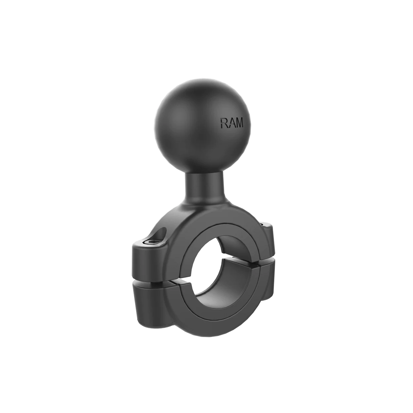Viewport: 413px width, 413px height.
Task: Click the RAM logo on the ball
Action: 232,123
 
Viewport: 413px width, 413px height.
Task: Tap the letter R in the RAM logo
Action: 224,123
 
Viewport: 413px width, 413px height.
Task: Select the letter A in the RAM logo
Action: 231,123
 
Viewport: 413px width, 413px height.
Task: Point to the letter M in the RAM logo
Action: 239,123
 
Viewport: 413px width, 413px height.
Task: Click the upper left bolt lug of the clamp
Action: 150,259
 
